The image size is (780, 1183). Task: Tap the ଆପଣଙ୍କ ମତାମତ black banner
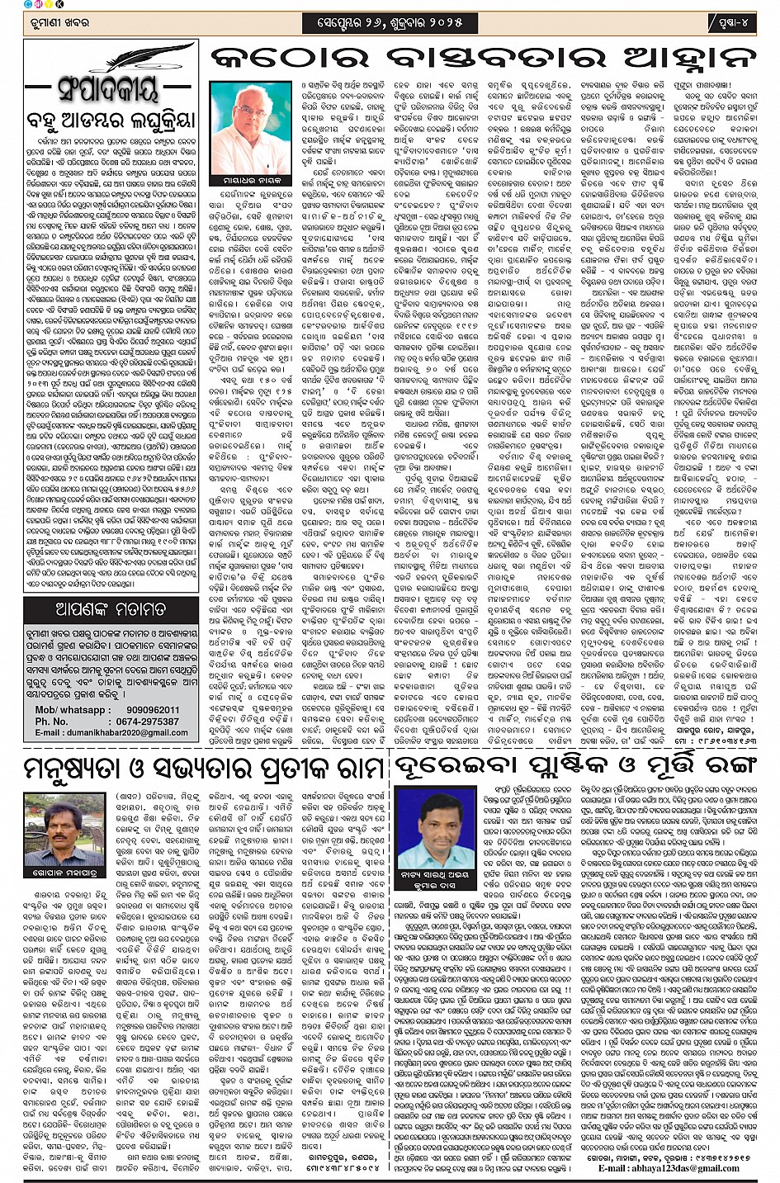pos(111,610)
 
